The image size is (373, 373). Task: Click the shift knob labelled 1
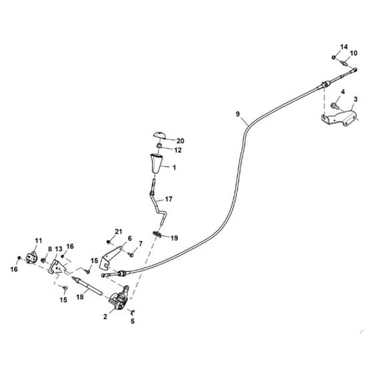[156, 163]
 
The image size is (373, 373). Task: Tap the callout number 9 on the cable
[238, 114]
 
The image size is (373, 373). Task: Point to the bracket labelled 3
[339, 118]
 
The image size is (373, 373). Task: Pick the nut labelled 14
[334, 57]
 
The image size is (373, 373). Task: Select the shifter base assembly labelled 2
[119, 298]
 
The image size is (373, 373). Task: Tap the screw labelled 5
[133, 312]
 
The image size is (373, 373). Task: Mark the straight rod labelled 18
[87, 286]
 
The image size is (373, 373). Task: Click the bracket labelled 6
[111, 258]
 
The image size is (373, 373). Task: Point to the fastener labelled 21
[109, 242]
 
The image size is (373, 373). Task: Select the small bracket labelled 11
[31, 257]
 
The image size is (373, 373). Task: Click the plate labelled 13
[56, 267]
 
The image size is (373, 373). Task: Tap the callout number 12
[178, 150]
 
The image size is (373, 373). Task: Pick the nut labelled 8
[43, 260]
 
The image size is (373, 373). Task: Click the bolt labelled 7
[131, 254]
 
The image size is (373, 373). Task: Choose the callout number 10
[354, 53]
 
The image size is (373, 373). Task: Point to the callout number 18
[80, 297]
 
